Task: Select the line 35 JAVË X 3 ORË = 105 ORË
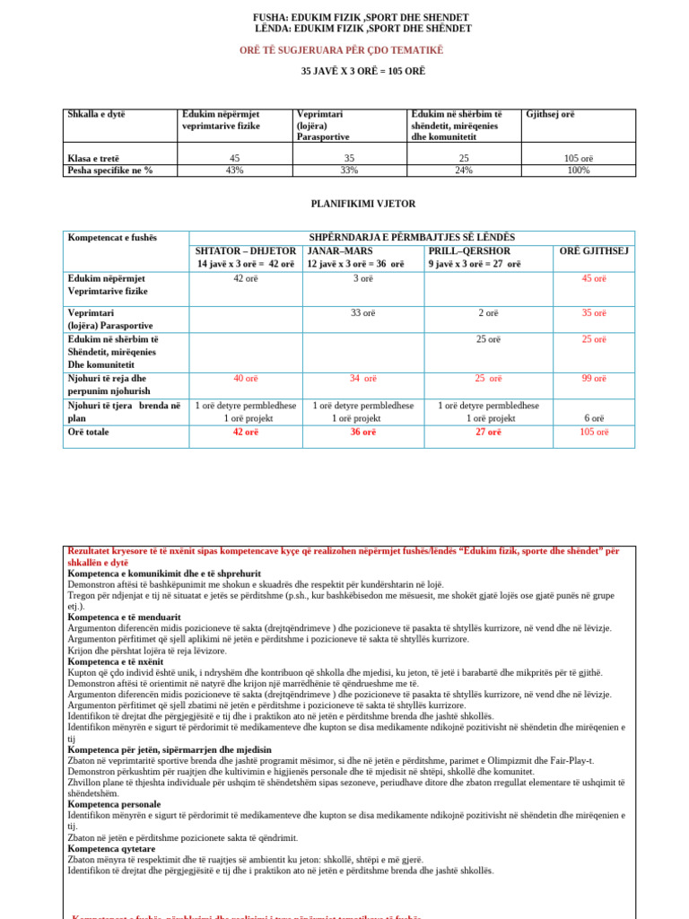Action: coord(362,71)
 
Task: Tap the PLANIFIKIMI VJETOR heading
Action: coord(362,204)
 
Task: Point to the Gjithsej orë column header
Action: coord(550,115)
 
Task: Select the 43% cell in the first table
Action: coord(235,171)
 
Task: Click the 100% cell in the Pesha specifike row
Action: coord(579,171)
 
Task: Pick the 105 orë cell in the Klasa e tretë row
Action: coord(579,159)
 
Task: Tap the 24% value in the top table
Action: coord(464,171)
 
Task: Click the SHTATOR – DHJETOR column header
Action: coord(245,251)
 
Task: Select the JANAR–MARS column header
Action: coord(343,251)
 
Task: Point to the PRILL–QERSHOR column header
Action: coord(469,251)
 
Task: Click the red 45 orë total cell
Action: coord(594,278)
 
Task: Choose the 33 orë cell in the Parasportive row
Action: coord(362,313)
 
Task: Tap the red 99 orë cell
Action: coord(594,379)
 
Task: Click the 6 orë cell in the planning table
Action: coord(594,419)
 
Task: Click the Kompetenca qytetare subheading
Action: coord(111,848)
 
